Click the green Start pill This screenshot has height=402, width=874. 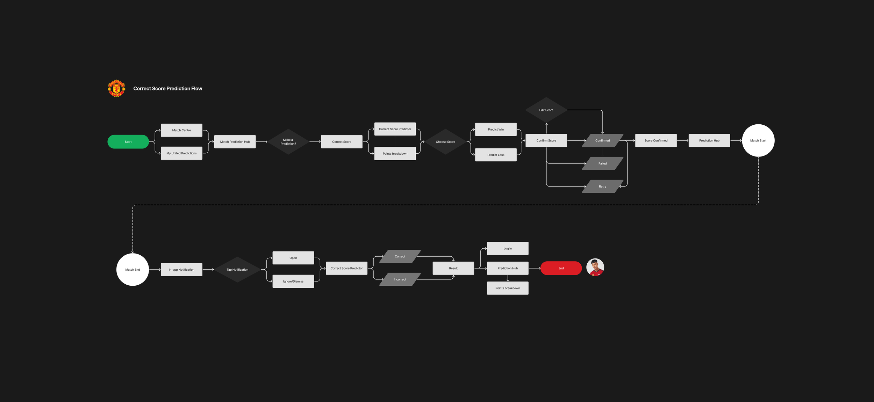tap(128, 142)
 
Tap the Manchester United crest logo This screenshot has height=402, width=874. tap(116, 88)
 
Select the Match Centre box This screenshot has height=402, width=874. tap(181, 130)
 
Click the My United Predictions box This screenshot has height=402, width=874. tap(181, 153)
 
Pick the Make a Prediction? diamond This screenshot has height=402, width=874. tap(288, 142)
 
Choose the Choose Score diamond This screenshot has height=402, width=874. tap(445, 142)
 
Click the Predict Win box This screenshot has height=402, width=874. tap(496, 130)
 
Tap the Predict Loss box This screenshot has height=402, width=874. tap(496, 155)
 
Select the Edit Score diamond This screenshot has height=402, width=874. tap(546, 110)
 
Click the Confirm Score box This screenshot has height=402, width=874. tap(546, 140)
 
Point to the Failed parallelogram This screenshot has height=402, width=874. tap(602, 163)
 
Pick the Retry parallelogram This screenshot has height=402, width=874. tap(602, 187)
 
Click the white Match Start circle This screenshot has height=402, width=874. tap(758, 140)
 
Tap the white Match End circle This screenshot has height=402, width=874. tap(132, 270)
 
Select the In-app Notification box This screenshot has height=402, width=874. tap(181, 270)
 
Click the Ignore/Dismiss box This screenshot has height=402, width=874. tap(293, 282)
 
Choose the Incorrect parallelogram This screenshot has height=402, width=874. tap(400, 279)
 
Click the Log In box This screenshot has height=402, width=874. tap(508, 248)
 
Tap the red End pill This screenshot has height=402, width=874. tap(561, 268)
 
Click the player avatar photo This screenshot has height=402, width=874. tap(595, 268)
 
